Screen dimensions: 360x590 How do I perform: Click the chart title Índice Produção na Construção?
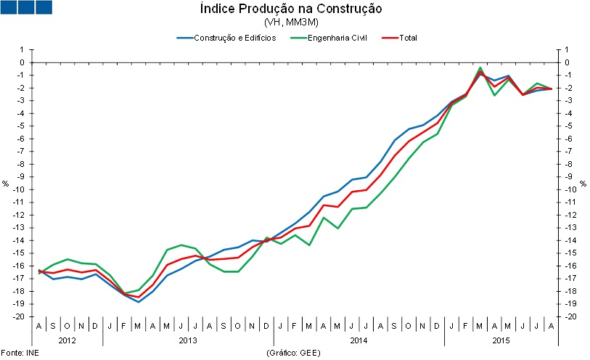(290, 9)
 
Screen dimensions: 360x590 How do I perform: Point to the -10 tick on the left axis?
(20, 189)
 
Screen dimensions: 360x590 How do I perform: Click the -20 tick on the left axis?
(20, 317)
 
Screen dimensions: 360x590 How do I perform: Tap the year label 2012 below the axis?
(67, 340)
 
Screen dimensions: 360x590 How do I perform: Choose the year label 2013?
(188, 340)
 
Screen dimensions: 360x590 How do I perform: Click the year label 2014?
(358, 340)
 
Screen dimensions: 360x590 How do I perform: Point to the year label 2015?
(501, 340)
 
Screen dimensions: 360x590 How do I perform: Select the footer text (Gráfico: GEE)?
(293, 353)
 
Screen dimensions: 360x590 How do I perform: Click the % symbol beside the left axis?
(5, 184)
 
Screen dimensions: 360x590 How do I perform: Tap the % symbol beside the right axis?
(582, 184)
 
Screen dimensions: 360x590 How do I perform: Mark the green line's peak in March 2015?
(480, 67)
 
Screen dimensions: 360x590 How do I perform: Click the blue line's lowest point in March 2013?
(139, 302)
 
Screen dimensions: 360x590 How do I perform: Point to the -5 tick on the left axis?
(22, 126)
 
